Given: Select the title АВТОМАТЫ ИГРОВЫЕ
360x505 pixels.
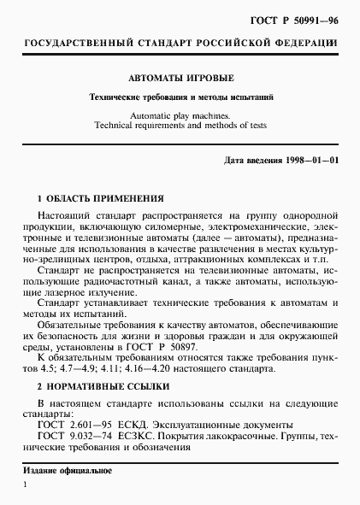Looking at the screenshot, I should tap(180, 75).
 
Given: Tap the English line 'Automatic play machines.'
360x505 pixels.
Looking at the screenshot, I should tap(180, 113).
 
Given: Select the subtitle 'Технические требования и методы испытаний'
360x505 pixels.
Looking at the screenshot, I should tap(180, 97).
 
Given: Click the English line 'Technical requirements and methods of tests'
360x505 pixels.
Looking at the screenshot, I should tap(180, 124).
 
